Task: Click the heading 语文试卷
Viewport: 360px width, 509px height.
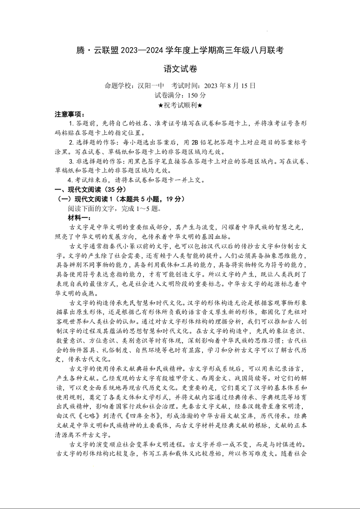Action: coord(180,69)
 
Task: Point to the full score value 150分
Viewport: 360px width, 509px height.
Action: coord(197,95)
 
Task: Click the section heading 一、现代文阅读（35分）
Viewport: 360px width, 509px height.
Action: coord(91,190)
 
